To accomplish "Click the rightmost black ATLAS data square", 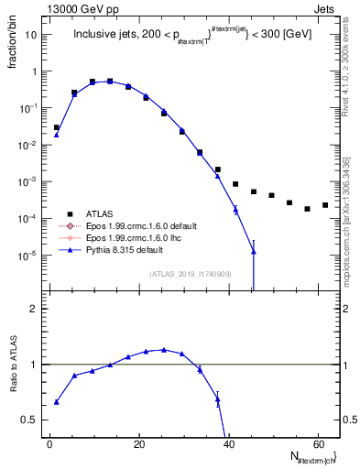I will [325, 205].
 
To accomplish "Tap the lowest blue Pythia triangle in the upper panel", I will [253, 251].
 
